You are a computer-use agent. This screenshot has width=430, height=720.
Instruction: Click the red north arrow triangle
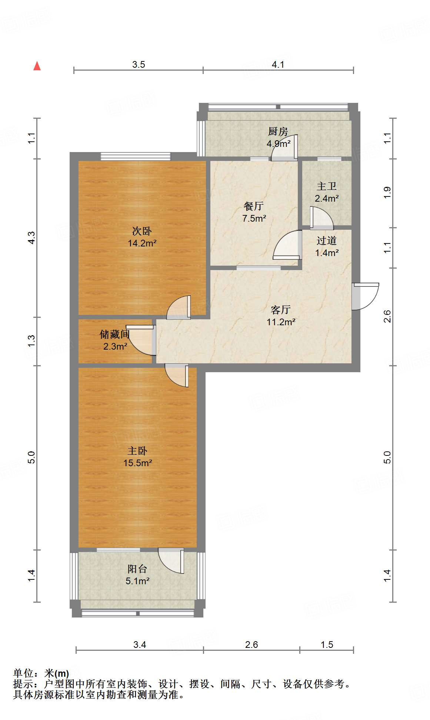(x=37, y=66)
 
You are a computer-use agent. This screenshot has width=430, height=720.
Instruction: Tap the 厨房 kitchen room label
(x=278, y=131)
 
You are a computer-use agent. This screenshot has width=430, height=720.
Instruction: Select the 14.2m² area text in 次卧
(x=142, y=243)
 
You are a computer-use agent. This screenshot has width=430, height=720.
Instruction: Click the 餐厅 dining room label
(x=254, y=206)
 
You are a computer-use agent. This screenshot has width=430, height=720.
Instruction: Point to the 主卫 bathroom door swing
(x=321, y=218)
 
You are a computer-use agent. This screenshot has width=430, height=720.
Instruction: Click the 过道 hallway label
(x=326, y=241)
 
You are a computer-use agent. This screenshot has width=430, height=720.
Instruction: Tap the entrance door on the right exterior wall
(x=365, y=296)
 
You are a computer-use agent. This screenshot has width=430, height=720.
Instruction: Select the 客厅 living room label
(x=281, y=310)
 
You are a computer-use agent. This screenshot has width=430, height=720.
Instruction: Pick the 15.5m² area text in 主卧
(x=138, y=463)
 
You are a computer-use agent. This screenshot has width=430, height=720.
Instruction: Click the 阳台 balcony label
(x=137, y=569)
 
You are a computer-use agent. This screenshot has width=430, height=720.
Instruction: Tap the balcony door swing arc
(x=171, y=560)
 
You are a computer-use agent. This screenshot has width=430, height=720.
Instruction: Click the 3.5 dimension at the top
(x=139, y=64)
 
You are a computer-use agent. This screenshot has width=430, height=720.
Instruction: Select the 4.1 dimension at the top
(x=278, y=64)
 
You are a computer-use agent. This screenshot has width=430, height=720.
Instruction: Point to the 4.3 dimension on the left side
(x=32, y=238)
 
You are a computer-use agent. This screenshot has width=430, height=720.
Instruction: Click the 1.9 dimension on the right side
(x=387, y=193)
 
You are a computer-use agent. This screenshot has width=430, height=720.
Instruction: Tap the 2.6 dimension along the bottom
(x=251, y=645)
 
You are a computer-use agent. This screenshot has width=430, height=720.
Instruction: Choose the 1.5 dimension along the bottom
(x=327, y=645)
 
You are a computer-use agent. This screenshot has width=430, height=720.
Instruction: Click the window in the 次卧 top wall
(x=136, y=157)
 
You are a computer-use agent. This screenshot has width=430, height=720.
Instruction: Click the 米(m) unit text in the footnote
(x=57, y=673)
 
